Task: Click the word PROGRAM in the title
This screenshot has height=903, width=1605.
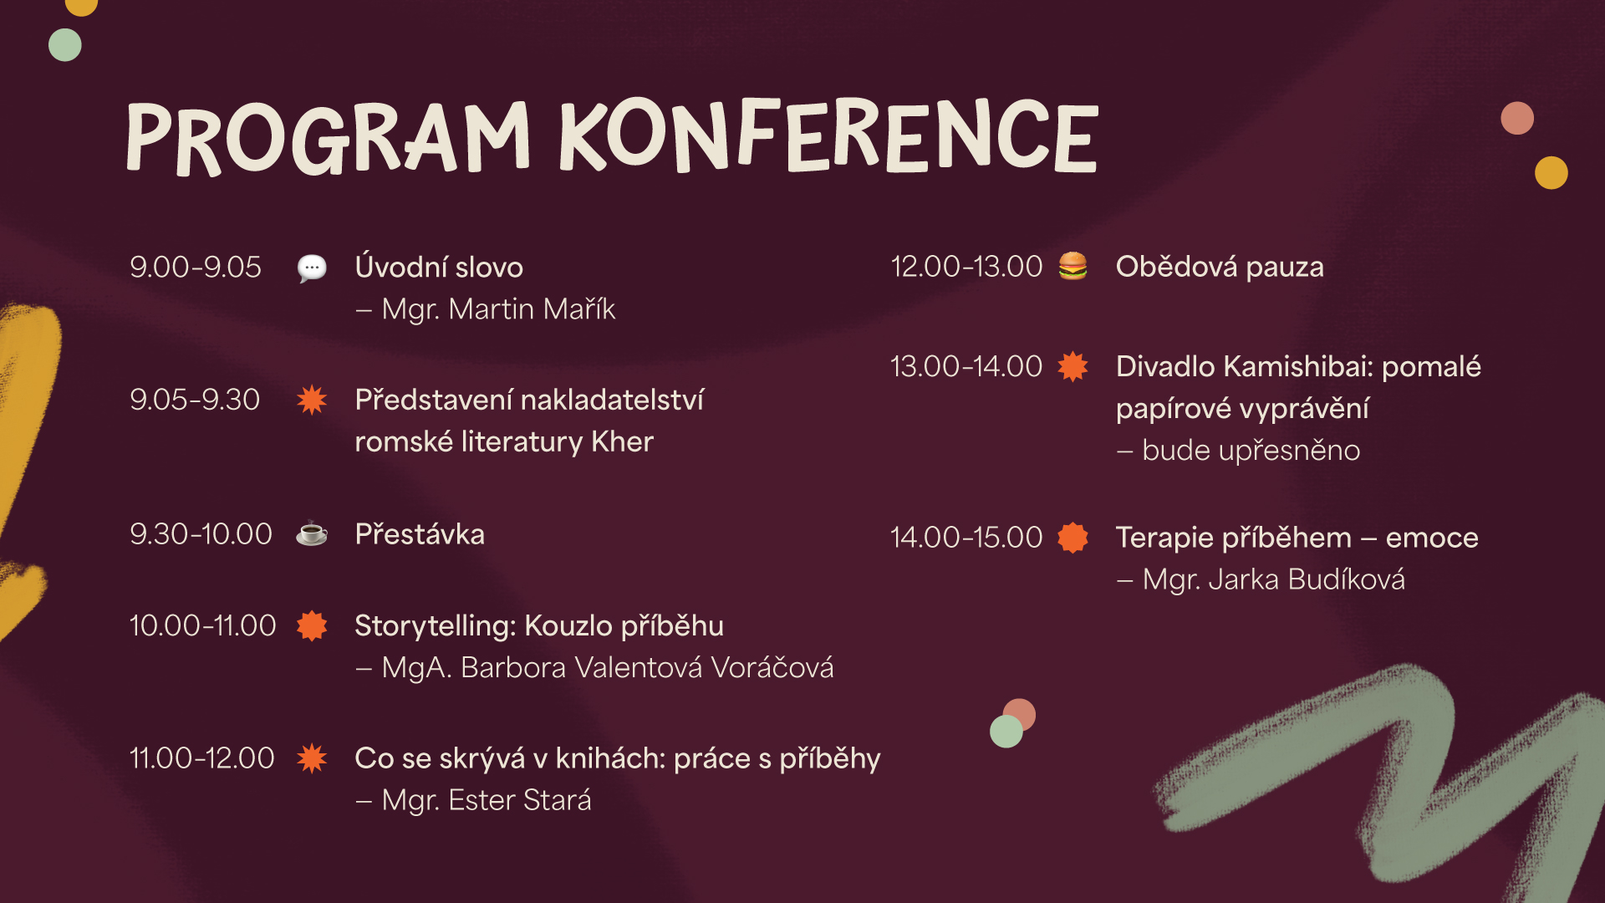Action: [328, 138]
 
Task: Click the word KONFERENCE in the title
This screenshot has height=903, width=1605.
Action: [828, 135]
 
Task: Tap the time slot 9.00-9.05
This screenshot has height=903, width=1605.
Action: [195, 268]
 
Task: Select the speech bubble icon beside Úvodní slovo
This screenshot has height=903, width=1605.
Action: [312, 268]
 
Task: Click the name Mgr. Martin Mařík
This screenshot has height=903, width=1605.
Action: [498, 309]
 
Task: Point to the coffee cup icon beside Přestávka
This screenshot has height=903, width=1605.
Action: [312, 533]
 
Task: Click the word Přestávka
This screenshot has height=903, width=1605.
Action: [420, 534]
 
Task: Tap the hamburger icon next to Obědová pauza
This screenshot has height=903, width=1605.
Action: [1073, 266]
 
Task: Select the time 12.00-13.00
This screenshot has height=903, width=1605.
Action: [966, 267]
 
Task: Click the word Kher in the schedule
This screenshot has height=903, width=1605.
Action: [622, 441]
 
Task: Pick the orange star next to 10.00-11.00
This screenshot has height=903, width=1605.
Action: [312, 625]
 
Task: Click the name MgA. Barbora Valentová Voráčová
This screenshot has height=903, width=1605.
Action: [608, 668]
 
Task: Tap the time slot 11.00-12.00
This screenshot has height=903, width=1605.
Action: [201, 758]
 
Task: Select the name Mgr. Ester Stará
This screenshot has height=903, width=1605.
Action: [487, 800]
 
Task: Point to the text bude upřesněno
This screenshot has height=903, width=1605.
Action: [1251, 451]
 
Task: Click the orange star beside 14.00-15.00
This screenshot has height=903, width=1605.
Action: [1073, 538]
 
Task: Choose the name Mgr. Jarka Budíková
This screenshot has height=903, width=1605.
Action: [1273, 579]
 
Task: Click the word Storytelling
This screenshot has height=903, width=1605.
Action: [435, 626]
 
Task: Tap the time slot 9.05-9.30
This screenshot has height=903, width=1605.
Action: [195, 400]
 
